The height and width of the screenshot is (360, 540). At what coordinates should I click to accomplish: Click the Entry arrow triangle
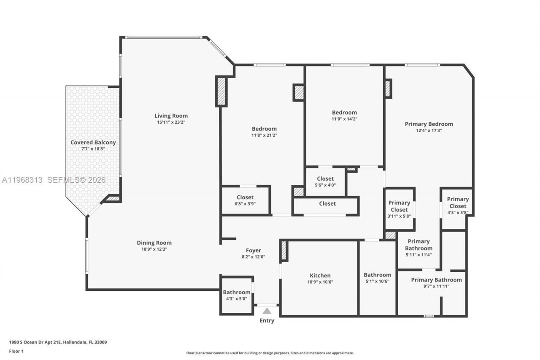click(x=267, y=311)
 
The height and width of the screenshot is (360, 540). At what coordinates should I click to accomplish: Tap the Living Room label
click(x=171, y=116)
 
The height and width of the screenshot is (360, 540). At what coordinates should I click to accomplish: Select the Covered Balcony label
click(x=93, y=143)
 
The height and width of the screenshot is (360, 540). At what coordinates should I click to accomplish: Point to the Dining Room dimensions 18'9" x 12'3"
click(x=154, y=249)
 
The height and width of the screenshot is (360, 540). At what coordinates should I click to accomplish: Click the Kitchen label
click(x=320, y=276)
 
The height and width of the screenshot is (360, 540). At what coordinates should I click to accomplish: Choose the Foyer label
click(x=253, y=250)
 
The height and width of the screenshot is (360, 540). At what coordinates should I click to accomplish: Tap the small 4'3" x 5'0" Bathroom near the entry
click(x=236, y=295)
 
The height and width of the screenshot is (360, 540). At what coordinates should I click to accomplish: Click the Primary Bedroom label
click(x=429, y=124)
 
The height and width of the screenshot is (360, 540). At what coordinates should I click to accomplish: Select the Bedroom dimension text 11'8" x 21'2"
click(x=264, y=135)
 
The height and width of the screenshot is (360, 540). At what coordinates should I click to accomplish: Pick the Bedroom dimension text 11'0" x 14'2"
click(x=344, y=119)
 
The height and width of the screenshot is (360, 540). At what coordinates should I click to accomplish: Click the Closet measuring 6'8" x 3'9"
click(x=245, y=200)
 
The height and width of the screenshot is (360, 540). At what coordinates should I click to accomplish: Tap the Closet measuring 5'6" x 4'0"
click(x=325, y=181)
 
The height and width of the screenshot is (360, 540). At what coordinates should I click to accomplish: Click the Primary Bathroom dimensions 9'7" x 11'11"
click(x=436, y=286)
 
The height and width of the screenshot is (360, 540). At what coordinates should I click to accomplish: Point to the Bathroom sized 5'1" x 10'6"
click(x=377, y=278)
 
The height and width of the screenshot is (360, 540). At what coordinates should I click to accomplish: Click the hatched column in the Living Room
click(x=221, y=91)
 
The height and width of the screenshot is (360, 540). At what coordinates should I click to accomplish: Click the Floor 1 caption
click(x=16, y=351)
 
